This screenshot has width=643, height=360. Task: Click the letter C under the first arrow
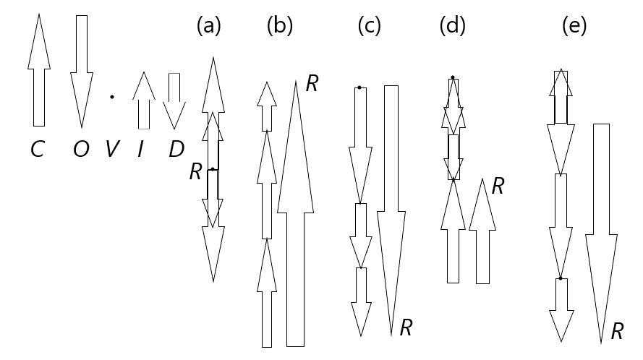37,149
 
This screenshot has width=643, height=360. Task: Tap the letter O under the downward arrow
81,149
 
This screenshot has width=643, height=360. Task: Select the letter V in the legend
112,149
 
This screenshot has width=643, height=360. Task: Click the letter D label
176,149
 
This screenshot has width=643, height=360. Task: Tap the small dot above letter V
111,97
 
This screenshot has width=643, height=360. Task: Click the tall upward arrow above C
38,70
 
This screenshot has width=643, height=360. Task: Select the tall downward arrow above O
81,70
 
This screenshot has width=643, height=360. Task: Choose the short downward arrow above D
174,100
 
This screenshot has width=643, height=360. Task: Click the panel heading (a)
208,26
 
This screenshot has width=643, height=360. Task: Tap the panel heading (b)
279,26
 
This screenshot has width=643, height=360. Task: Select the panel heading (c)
370,26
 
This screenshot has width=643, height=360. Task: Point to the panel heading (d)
452,26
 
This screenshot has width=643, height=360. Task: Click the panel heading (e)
574,26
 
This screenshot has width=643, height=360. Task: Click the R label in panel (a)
195,171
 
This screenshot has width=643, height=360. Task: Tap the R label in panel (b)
312,83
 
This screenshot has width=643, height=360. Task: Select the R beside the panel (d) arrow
498,187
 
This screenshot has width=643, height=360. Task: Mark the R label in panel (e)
617,332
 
